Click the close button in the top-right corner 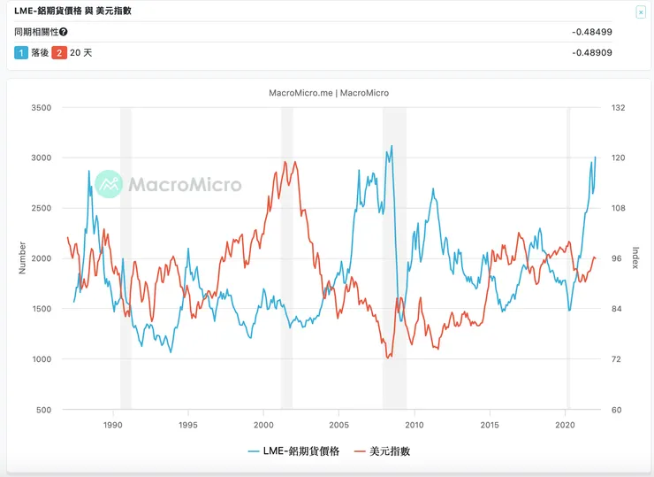pyautogui.click(x=641, y=12)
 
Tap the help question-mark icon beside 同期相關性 pyautogui.click(x=64, y=32)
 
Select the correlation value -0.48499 pyautogui.click(x=592, y=32)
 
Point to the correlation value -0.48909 pyautogui.click(x=592, y=53)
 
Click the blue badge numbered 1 pyautogui.click(x=21, y=53)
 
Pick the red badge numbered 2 pyautogui.click(x=59, y=53)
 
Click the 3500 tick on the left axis pyautogui.click(x=40, y=107)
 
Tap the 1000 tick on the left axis pyautogui.click(x=40, y=359)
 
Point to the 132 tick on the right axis pyautogui.click(x=618, y=107)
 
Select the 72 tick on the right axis pyautogui.click(x=616, y=359)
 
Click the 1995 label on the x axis pyautogui.click(x=187, y=425)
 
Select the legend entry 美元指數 pyautogui.click(x=381, y=451)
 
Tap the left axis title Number pyautogui.click(x=23, y=258)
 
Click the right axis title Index pyautogui.click(x=635, y=258)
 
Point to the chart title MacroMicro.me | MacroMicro pyautogui.click(x=329, y=93)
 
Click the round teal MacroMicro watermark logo pyautogui.click(x=109, y=184)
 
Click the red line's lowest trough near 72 pyautogui.click(x=387, y=358)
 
